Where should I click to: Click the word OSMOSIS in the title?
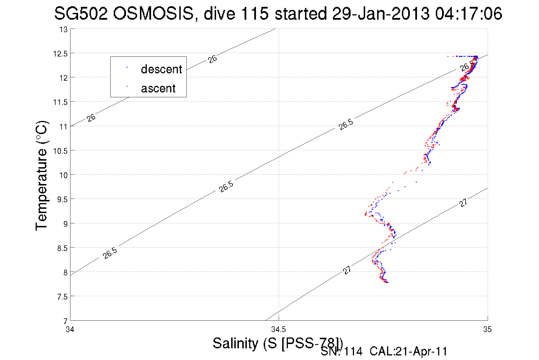coord(153,13)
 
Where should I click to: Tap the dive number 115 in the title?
coord(255,13)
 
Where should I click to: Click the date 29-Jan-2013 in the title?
coord(381,13)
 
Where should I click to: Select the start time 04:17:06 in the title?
coord(468,13)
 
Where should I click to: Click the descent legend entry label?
coord(161,69)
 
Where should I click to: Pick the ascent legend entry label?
coord(158,88)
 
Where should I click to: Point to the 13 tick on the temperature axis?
coord(64,30)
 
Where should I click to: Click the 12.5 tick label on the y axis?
coord(60,54)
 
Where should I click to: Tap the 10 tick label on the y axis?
coord(63,175)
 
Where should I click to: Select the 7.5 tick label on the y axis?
coord(62,297)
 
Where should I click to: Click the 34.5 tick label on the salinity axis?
coord(278,330)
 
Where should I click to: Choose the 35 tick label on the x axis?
coord(487,330)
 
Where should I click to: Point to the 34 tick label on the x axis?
coord(70,330)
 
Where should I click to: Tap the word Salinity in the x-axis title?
coord(235,343)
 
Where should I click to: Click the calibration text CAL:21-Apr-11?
coord(408,351)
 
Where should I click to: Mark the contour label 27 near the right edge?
coord(463,203)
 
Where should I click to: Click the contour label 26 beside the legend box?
coord(212,59)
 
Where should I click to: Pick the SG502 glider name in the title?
coord(81,13)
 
